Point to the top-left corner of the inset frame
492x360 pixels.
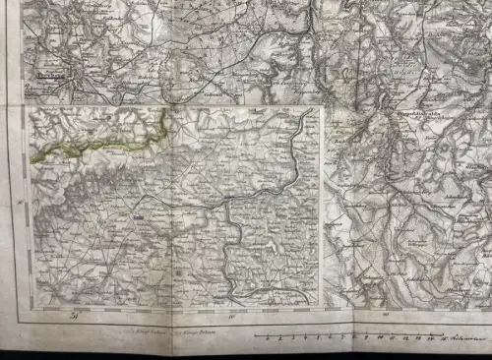coord(29,107)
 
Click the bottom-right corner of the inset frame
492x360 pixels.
coord(321,307)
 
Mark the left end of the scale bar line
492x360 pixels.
coord(254,334)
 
